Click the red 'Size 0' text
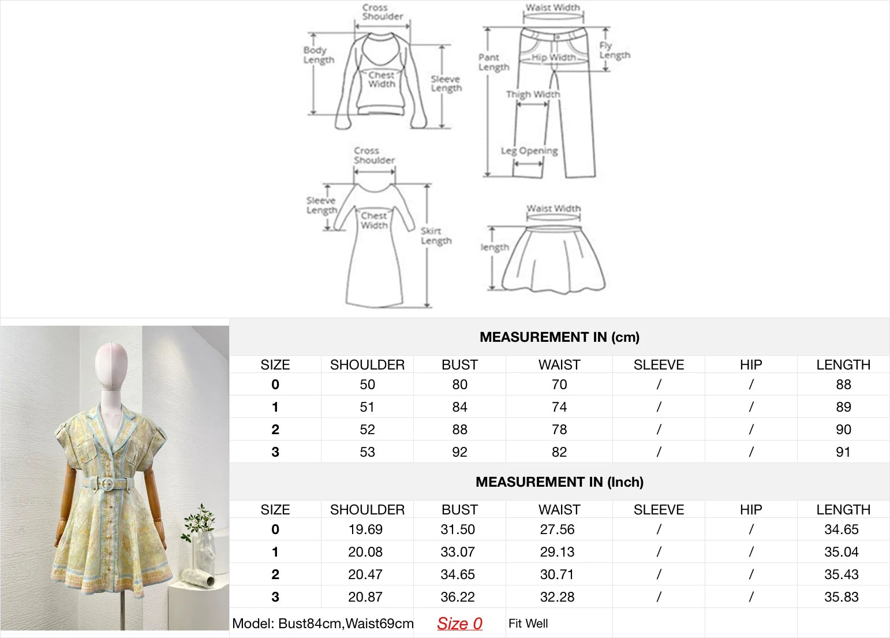(x=459, y=624)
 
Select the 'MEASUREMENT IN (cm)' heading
(x=559, y=337)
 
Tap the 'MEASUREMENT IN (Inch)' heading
(x=559, y=482)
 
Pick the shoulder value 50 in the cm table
(x=367, y=385)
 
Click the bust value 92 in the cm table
(x=459, y=452)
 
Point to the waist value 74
(x=559, y=407)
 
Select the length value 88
(x=843, y=385)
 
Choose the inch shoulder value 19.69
(x=365, y=529)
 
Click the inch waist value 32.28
(x=557, y=597)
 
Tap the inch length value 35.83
(x=841, y=597)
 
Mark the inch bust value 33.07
(x=457, y=552)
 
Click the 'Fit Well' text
(x=528, y=624)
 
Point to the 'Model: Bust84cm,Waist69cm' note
(x=323, y=624)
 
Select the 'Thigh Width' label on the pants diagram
(x=533, y=94)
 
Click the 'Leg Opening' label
(x=529, y=151)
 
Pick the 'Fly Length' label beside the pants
(x=615, y=50)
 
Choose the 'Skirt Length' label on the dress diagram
(x=436, y=236)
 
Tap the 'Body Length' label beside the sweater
(x=319, y=55)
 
